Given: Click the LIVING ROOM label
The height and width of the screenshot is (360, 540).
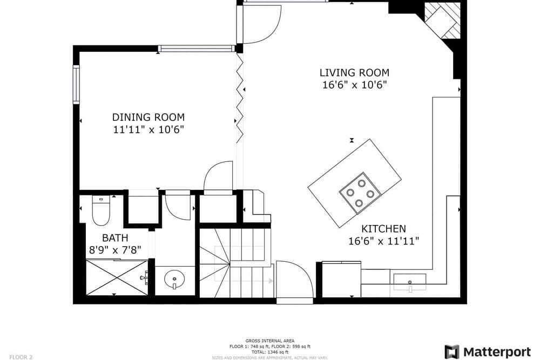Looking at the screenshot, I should point(354,72).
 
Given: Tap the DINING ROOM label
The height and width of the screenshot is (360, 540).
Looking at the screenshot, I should point(148,117).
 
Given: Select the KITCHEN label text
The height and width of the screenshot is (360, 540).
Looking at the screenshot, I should point(383,229).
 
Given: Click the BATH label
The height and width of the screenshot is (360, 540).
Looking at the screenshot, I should point(115,237).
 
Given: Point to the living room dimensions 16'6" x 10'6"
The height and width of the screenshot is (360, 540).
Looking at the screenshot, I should point(354,85).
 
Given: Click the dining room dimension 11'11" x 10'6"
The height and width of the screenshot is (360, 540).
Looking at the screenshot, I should point(148,130).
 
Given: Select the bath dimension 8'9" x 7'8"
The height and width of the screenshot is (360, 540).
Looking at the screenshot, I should point(115,250).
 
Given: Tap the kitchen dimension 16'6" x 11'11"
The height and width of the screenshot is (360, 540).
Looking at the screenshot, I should point(383,241).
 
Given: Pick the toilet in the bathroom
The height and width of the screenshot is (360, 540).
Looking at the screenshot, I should point(100,210).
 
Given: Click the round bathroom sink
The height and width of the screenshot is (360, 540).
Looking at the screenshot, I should point(174,280).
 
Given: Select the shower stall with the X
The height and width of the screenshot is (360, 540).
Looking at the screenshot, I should point(117,277).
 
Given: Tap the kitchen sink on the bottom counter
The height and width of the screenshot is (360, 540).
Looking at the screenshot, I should point(409,282).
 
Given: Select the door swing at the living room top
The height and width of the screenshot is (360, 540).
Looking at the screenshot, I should point(261,24).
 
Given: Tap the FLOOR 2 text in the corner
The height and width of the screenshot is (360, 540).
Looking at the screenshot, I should point(21,357).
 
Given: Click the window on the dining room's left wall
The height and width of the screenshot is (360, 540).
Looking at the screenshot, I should point(76,84).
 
